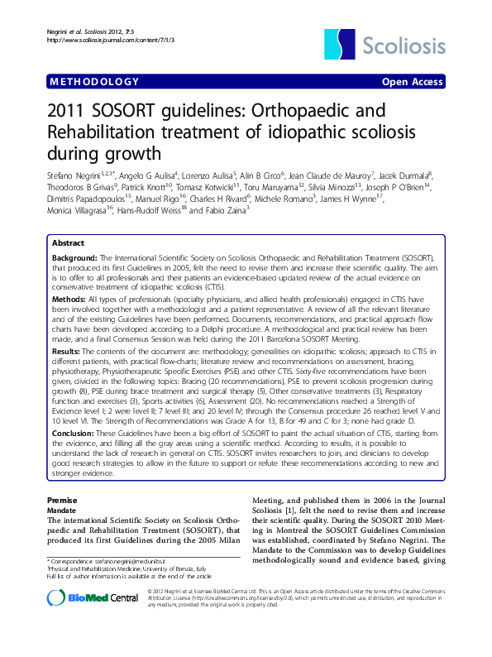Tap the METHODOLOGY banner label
94,81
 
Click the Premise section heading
62,500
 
